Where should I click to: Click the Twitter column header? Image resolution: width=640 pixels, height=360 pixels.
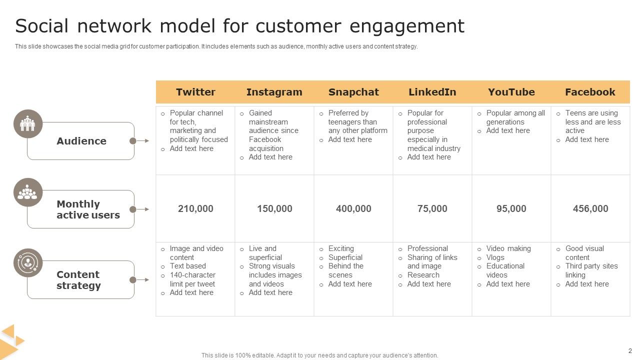point(195,92)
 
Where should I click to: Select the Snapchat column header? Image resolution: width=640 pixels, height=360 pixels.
point(353,92)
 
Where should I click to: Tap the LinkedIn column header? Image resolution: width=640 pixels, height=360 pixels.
point(432,92)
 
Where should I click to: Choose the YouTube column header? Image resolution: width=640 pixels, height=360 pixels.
point(511,92)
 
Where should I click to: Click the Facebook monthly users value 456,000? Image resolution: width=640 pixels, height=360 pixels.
point(590,208)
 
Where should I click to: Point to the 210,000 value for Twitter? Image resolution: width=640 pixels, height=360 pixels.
point(195,208)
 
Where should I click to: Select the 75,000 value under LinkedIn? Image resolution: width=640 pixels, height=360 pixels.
point(432,208)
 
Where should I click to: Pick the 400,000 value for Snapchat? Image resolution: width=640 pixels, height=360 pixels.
point(353,208)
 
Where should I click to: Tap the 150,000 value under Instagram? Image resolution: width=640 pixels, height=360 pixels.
point(274,208)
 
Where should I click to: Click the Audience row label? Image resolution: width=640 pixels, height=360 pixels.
point(81,141)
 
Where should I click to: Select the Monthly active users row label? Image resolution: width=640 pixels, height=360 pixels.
point(88,209)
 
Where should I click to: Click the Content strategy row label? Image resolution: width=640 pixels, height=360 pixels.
point(78,280)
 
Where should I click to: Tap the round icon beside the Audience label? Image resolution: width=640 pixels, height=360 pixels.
point(28,123)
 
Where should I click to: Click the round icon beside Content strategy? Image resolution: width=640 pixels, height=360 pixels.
point(28,263)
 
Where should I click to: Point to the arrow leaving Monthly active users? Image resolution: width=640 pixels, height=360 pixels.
point(142,209)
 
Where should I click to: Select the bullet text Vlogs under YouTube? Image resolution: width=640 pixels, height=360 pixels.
point(495,257)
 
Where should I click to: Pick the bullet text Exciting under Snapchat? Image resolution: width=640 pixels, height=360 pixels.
point(341,248)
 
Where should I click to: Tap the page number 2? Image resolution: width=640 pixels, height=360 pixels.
point(630,351)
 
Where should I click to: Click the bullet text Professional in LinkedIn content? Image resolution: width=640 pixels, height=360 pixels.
point(427,248)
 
